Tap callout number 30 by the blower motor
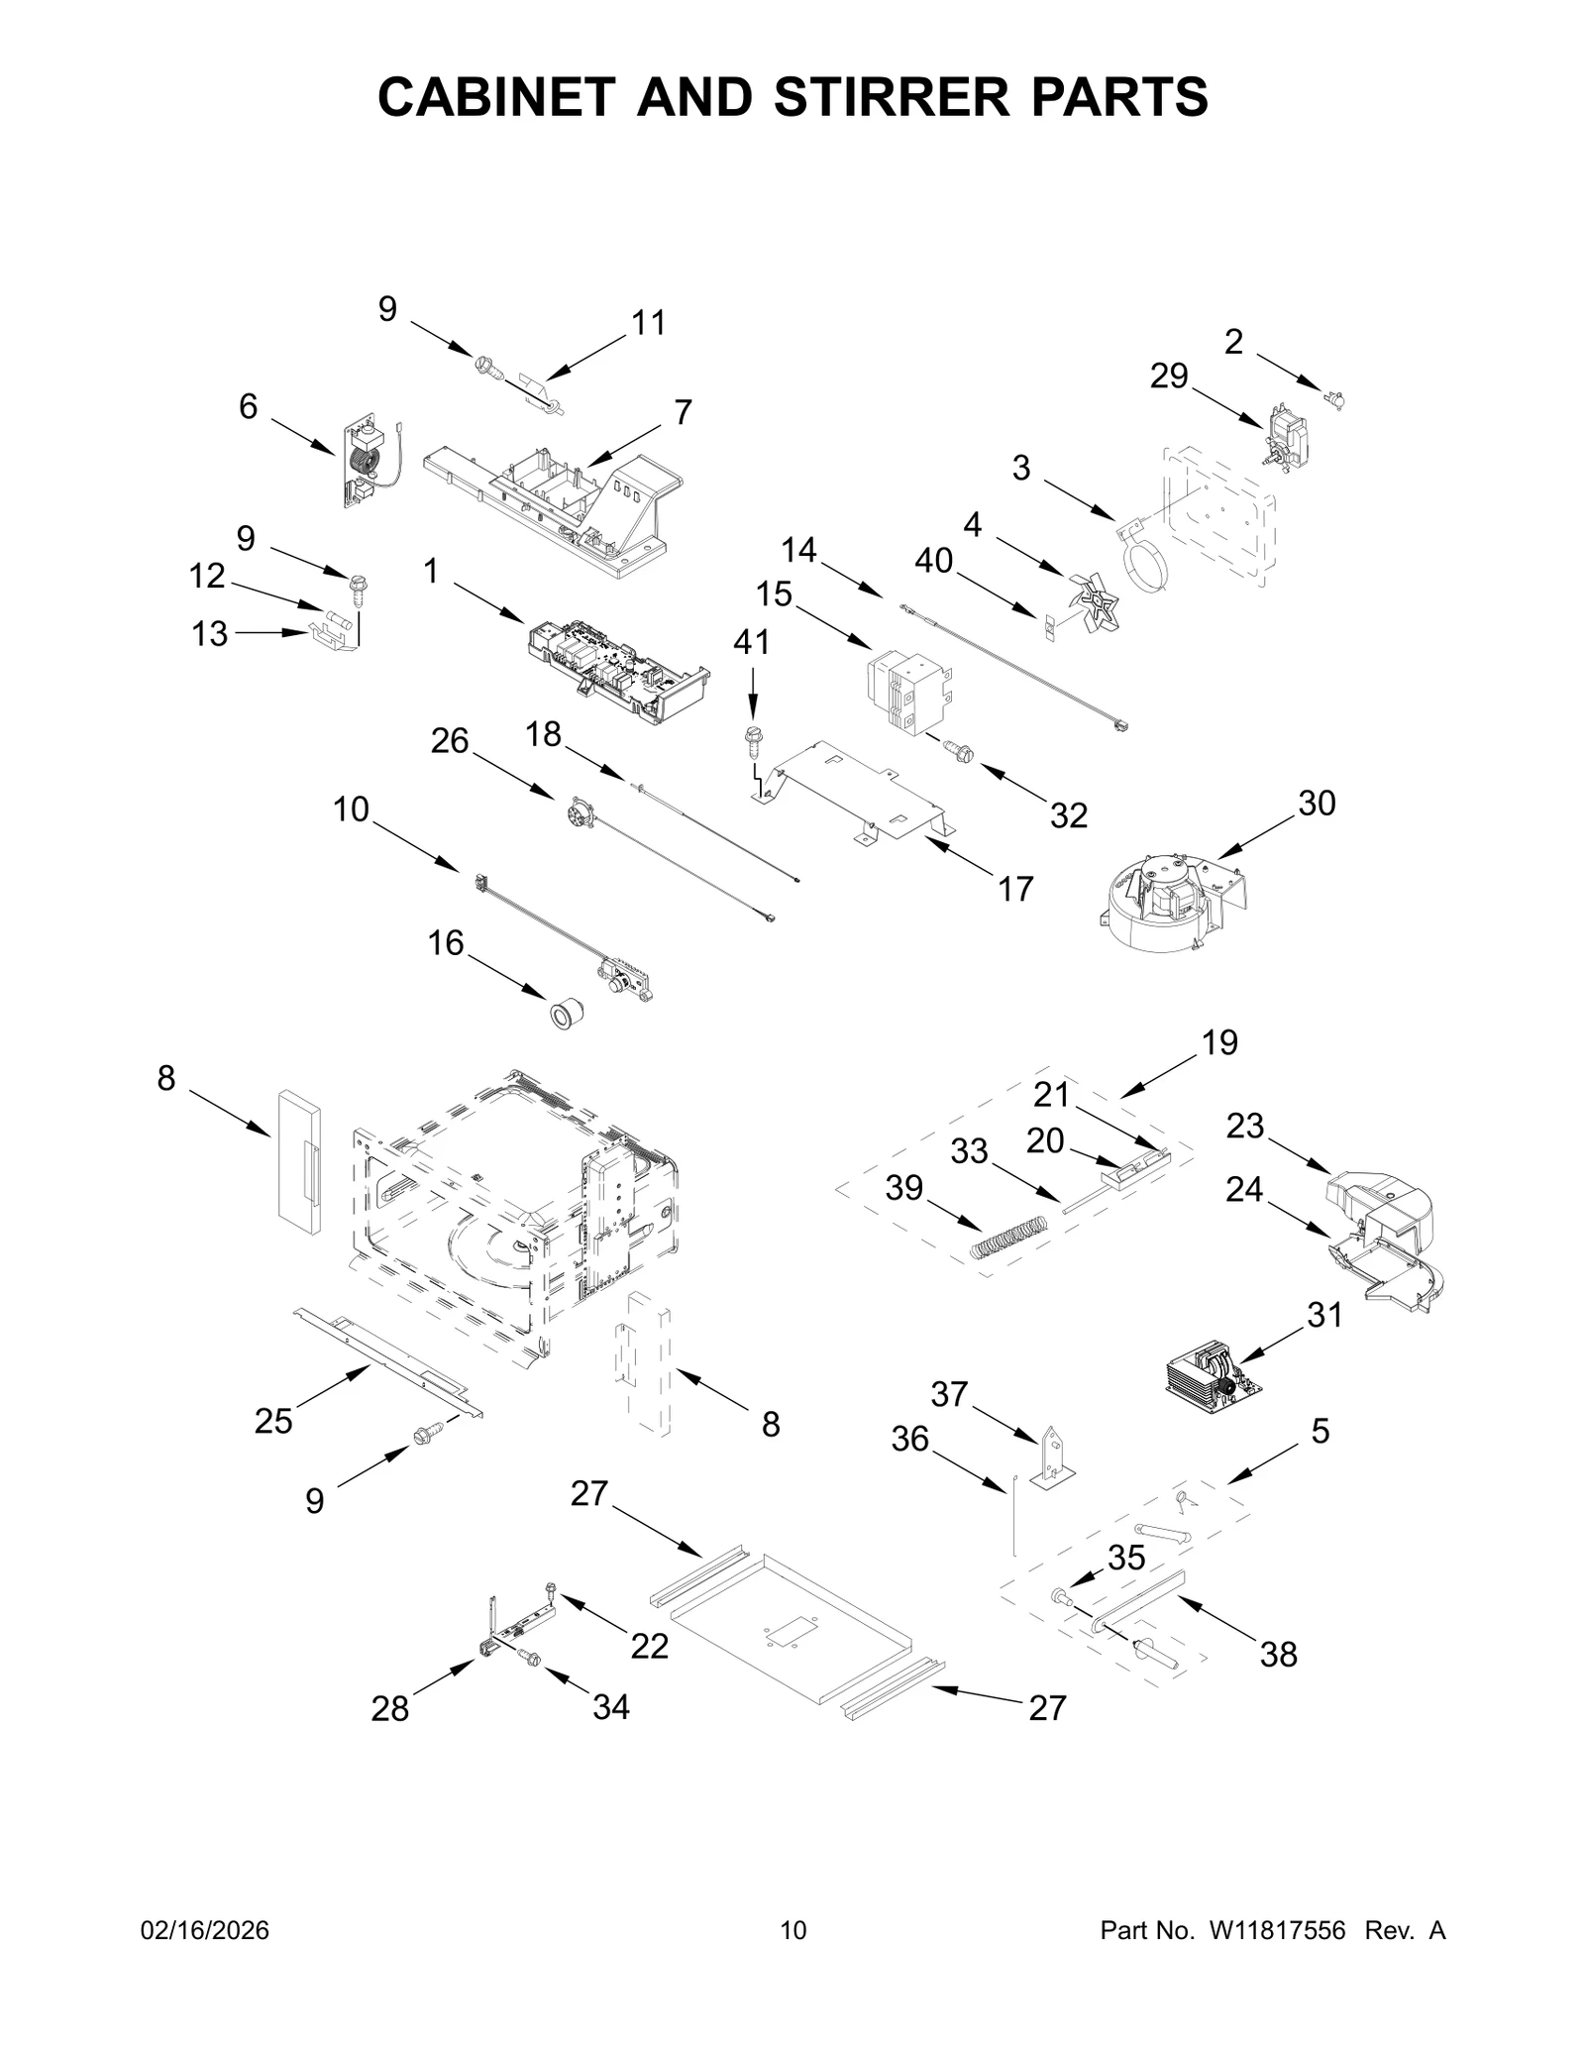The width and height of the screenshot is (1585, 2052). point(1317,803)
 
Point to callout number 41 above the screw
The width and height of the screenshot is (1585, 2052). point(751,642)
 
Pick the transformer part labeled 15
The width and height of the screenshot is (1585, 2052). point(910,693)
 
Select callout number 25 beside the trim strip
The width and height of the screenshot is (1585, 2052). point(273,1421)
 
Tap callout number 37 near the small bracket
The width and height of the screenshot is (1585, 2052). point(948,1394)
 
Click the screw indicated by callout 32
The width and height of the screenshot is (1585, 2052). point(959,754)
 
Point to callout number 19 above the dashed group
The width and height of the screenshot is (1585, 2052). point(1219,1042)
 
